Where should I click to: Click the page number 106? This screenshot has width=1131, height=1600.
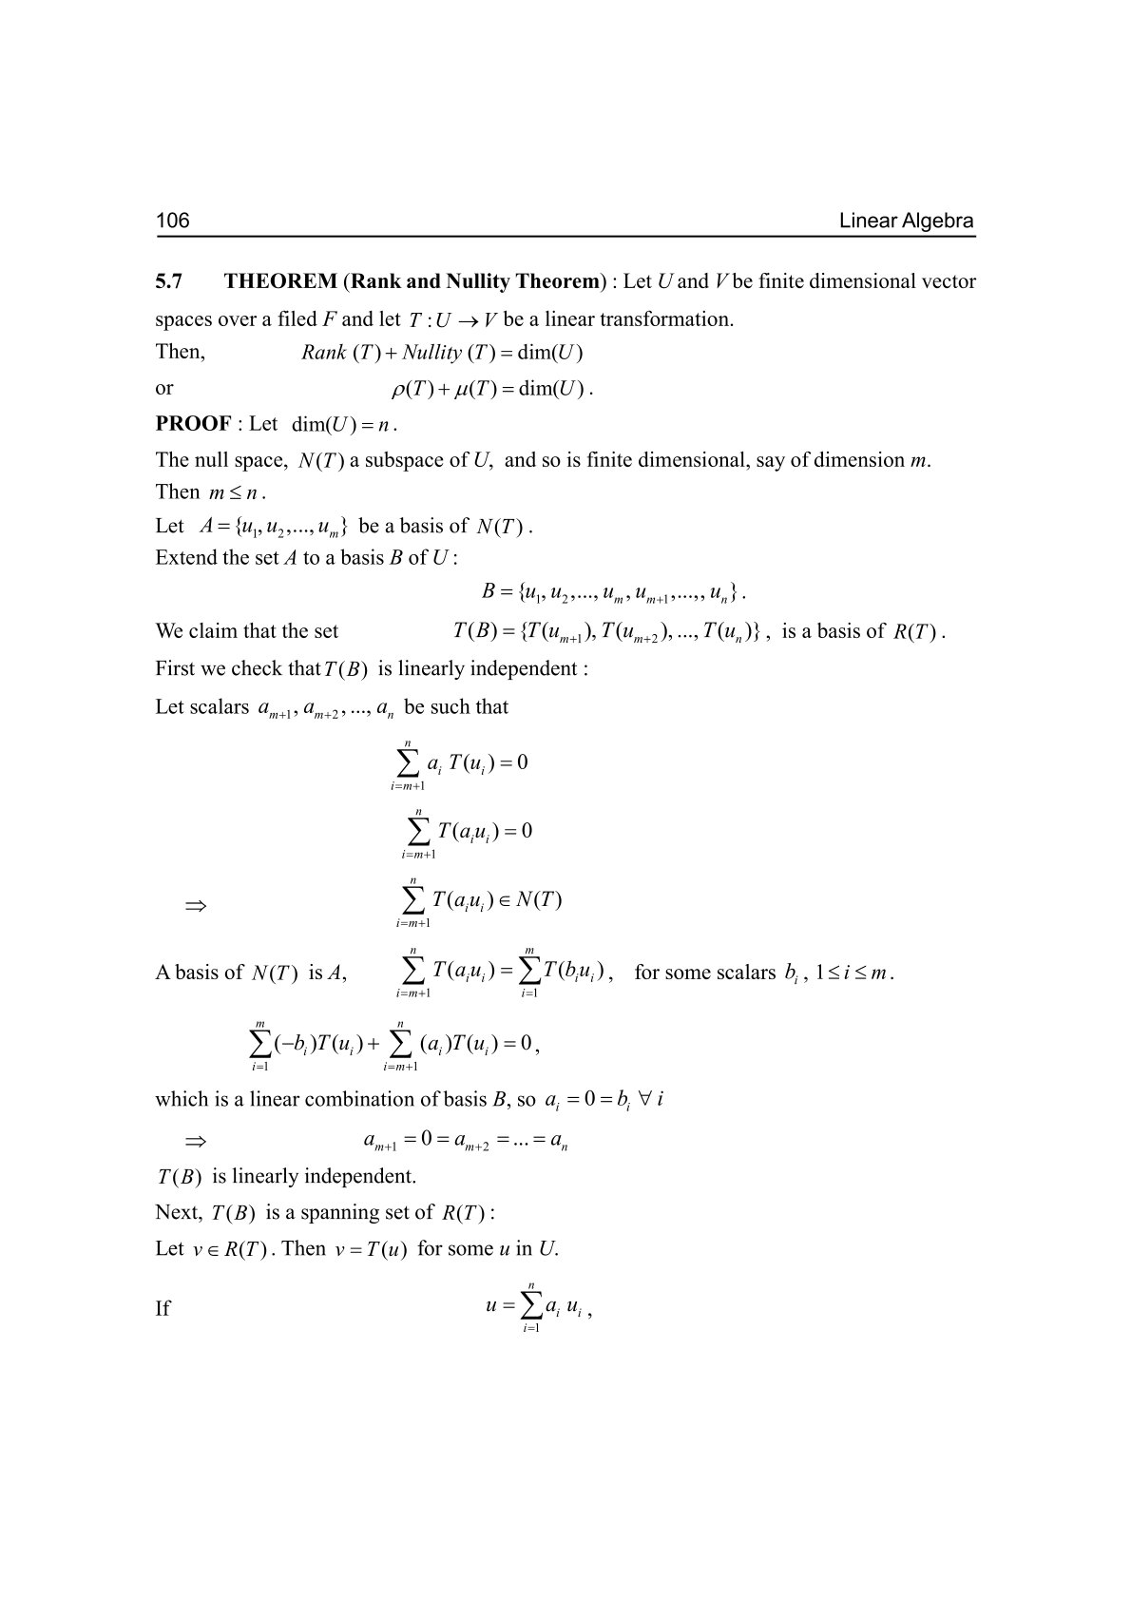pos(173,222)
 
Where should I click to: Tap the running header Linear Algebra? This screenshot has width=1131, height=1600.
pos(906,222)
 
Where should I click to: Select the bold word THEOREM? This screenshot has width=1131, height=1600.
pos(280,281)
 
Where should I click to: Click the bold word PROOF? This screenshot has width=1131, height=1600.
pos(193,423)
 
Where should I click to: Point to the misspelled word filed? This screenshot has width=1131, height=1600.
pos(296,319)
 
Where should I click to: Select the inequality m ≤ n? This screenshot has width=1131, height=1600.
pos(235,492)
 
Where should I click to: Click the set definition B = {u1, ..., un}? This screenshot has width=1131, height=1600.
pos(613,593)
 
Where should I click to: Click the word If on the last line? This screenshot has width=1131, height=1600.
pos(163,1309)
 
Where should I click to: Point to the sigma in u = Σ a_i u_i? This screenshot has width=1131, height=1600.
pos(528,1308)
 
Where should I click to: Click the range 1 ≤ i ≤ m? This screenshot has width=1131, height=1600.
pos(853,973)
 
